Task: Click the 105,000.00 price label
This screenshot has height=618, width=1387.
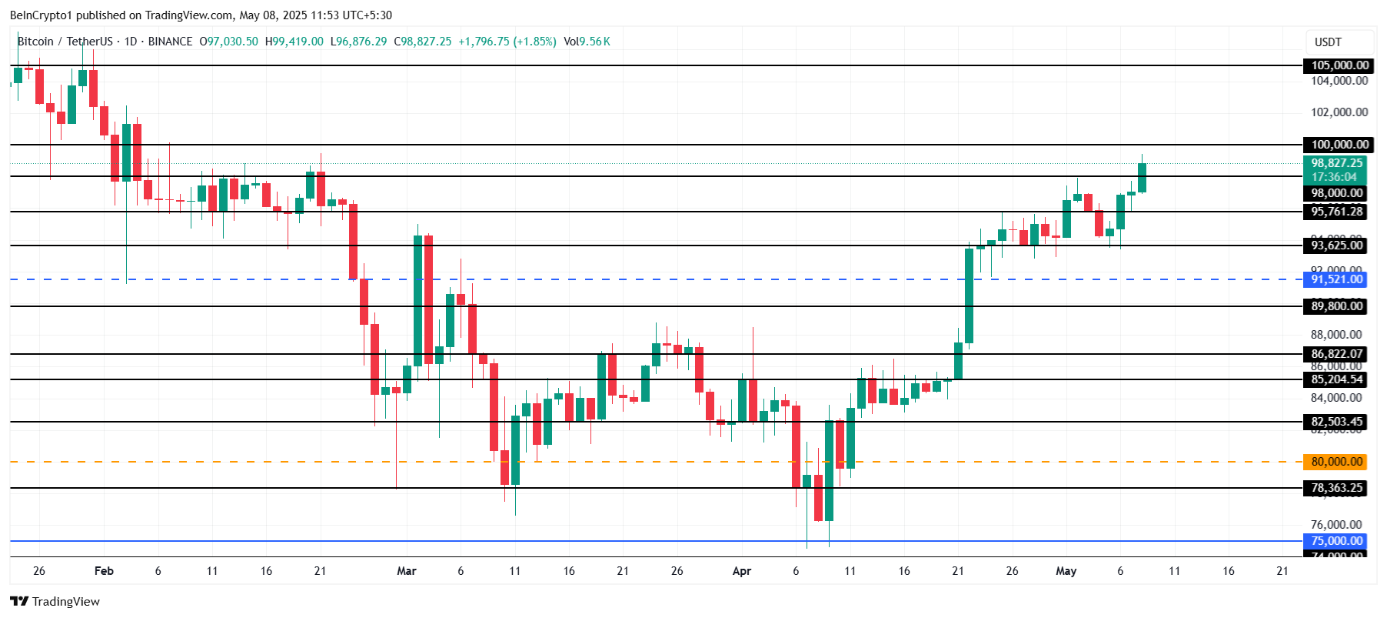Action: (x=1339, y=65)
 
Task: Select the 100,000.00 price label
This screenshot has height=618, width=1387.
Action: (x=1339, y=145)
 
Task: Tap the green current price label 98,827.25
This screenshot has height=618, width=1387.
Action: (x=1337, y=163)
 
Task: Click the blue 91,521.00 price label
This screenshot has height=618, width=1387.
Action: (x=1337, y=279)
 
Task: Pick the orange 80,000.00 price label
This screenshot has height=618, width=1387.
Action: (x=1337, y=462)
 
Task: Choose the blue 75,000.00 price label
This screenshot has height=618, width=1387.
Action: (x=1337, y=541)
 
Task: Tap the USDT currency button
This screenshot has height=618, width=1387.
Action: (x=1328, y=42)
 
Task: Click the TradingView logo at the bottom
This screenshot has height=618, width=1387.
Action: (x=55, y=601)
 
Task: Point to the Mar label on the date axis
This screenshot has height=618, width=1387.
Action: (x=406, y=571)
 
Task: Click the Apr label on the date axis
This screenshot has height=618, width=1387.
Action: (x=741, y=571)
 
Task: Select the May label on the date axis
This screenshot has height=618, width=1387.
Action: (x=1066, y=571)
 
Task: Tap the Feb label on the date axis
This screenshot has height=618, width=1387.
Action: (x=104, y=571)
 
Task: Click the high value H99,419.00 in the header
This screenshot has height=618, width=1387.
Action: (x=294, y=42)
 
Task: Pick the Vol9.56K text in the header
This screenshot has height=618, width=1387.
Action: (x=587, y=42)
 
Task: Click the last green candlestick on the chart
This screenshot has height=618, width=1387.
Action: (x=1142, y=177)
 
